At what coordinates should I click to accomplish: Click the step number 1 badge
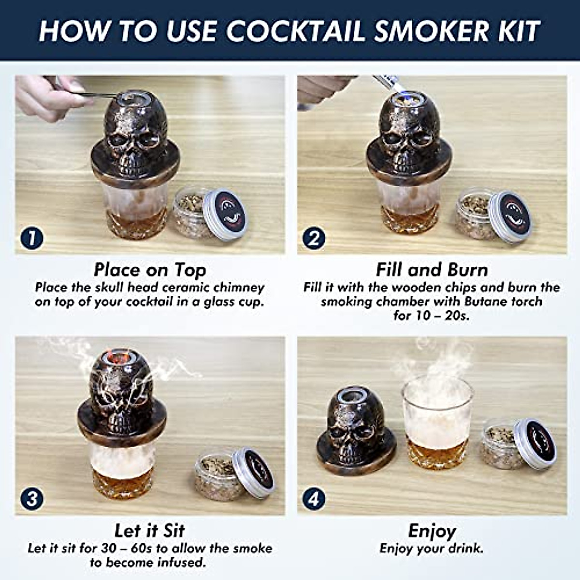click(32, 238)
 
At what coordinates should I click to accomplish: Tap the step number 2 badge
click(314, 238)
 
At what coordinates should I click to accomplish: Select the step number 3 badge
click(32, 498)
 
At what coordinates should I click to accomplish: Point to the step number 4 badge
click(314, 498)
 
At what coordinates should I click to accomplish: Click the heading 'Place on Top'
click(150, 270)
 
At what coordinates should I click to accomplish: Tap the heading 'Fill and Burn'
click(432, 270)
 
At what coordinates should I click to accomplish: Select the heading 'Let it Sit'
click(150, 530)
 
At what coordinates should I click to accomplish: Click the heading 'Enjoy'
click(432, 531)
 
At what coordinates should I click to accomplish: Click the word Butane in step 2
click(487, 302)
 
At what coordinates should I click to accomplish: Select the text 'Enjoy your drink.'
click(432, 549)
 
